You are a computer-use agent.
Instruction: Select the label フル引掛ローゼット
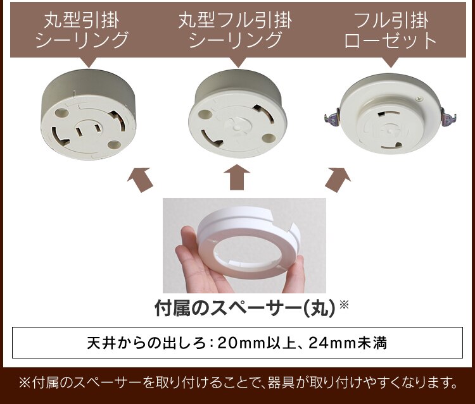click(390, 30)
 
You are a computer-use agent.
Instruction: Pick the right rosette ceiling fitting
click(390, 117)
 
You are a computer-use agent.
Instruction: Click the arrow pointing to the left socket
click(141, 179)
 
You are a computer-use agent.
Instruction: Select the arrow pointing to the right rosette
click(337, 179)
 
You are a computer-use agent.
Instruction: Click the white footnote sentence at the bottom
click(237, 383)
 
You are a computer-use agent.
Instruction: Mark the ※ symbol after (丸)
click(344, 305)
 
